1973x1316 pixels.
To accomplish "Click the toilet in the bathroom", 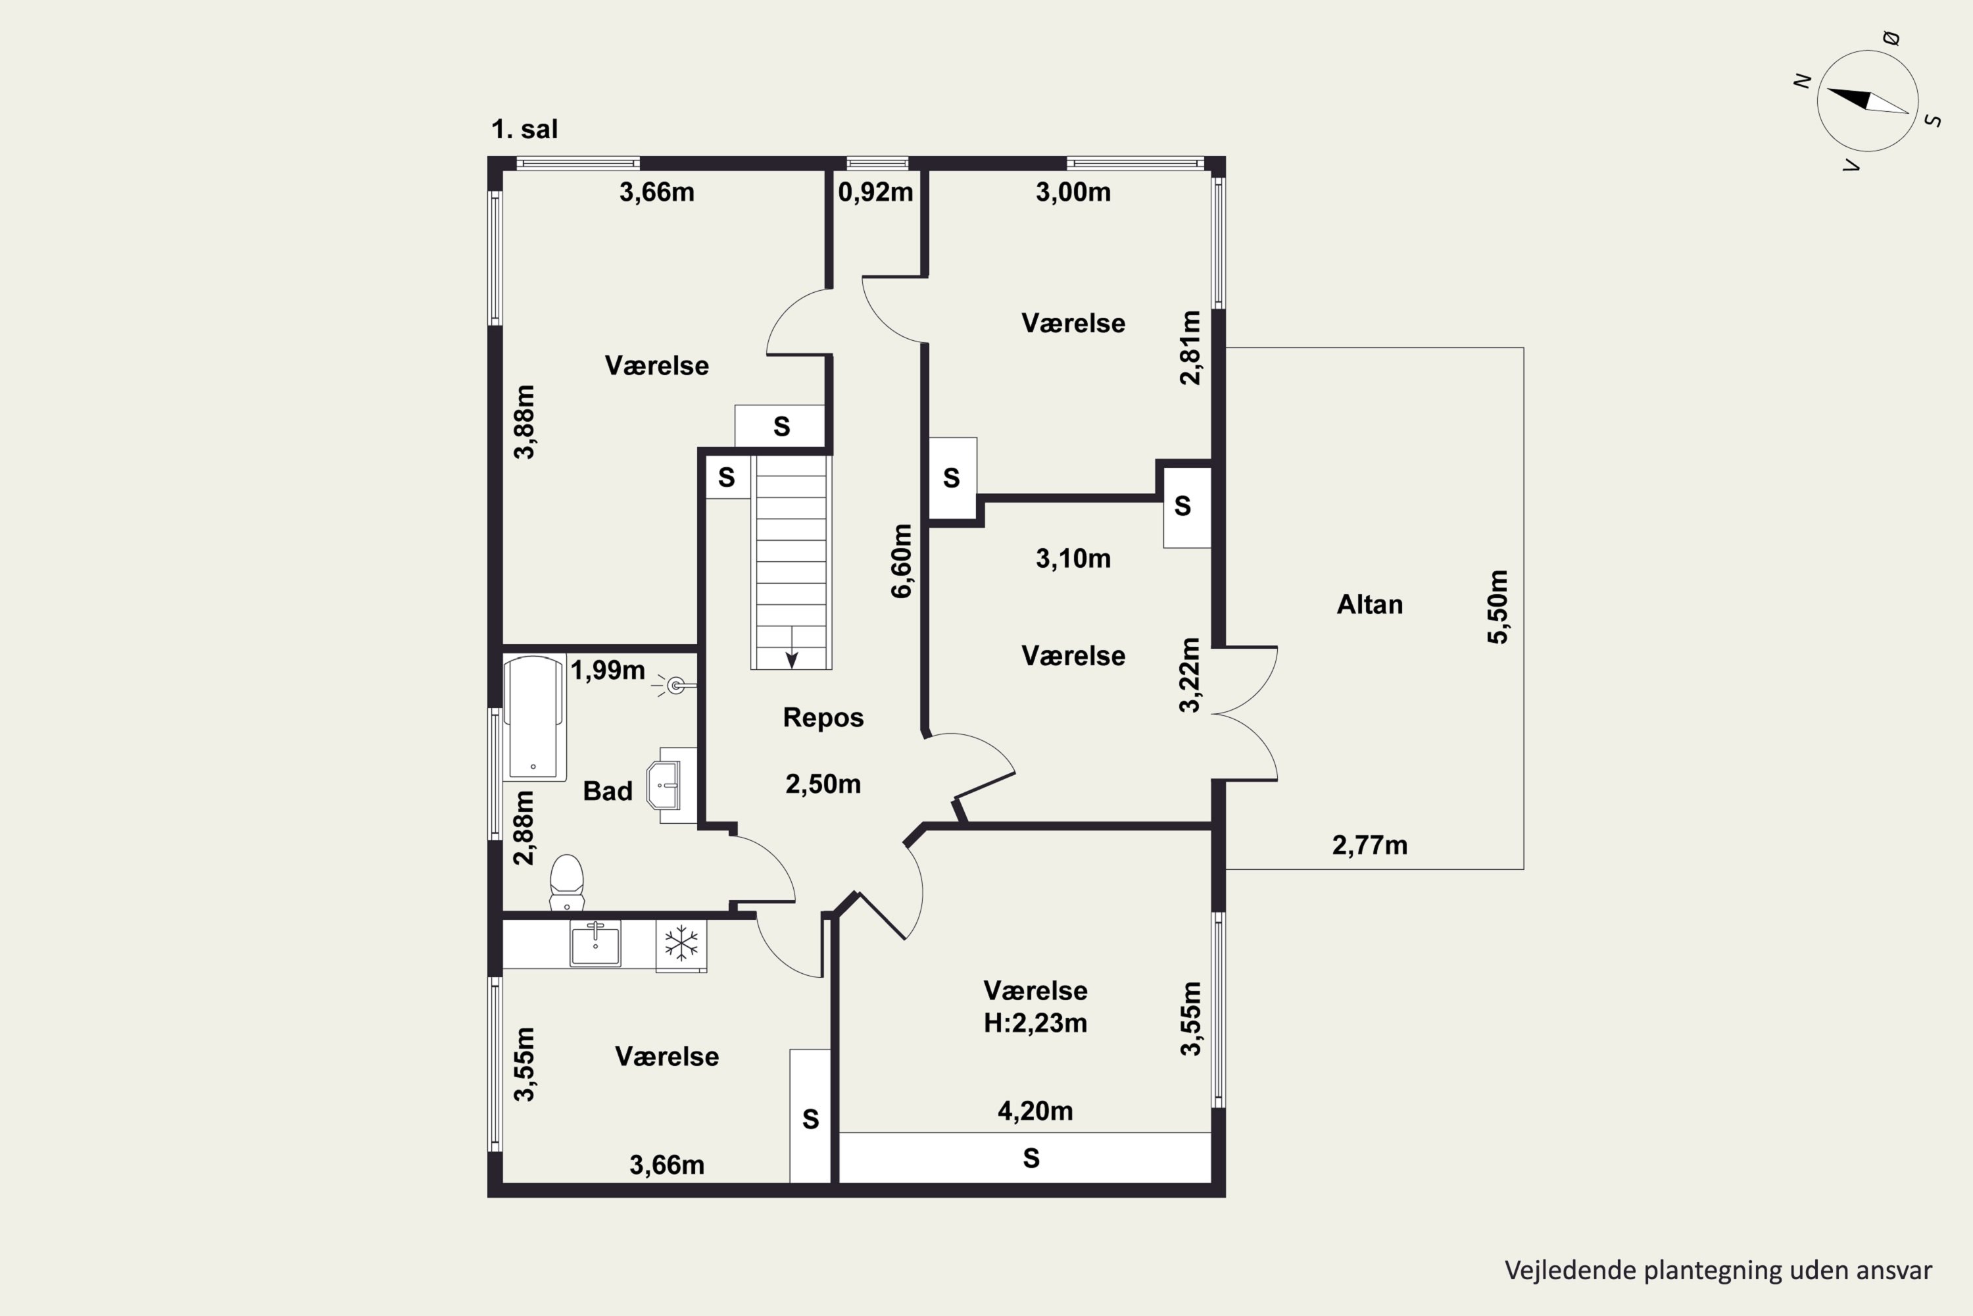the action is tap(567, 882).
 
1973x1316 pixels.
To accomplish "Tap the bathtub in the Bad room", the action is tap(533, 719).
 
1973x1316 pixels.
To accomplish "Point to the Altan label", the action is tap(1369, 604).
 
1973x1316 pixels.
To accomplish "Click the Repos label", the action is tap(823, 718).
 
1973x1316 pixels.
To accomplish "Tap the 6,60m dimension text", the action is tap(901, 561).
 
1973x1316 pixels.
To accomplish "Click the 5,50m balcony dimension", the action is tap(1498, 607).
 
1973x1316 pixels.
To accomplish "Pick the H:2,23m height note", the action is tap(1035, 1023).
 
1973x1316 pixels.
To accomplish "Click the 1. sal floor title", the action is tap(524, 129).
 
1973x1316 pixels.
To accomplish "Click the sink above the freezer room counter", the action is tap(596, 944).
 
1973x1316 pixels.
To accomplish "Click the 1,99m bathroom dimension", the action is tap(607, 671).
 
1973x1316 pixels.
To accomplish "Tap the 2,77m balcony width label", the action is tap(1370, 845).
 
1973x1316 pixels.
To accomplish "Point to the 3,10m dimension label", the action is tap(1073, 559).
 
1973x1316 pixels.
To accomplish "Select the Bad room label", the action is tap(607, 791).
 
